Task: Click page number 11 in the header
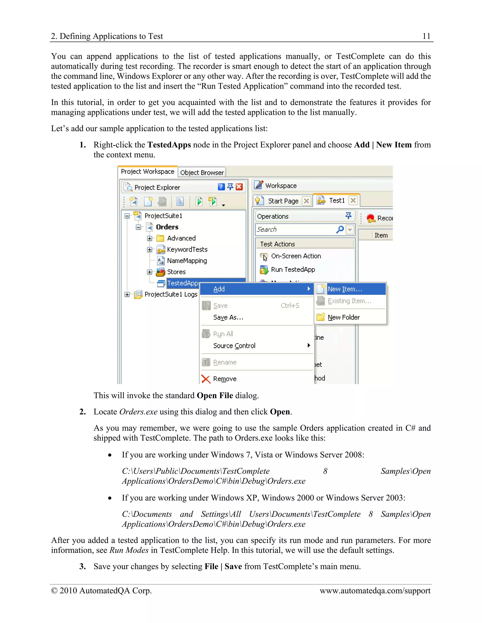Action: pos(426,36)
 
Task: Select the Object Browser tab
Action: pos(202,173)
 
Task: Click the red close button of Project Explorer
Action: pos(239,187)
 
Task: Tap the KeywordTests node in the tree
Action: pos(187,250)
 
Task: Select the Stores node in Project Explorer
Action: pos(176,272)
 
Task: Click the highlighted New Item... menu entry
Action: pos(345,289)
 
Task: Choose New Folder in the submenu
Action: pos(344,317)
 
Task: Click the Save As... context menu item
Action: pos(228,317)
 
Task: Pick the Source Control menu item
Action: pos(234,346)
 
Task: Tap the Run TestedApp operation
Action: pos(293,270)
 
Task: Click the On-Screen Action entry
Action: pos(296,256)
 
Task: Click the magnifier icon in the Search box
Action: pos(340,229)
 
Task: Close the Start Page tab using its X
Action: pos(306,201)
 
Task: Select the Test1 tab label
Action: pos(337,201)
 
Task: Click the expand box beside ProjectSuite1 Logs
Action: pos(127,294)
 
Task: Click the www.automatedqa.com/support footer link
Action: pos(375,591)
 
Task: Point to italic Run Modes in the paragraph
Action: pos(129,550)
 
